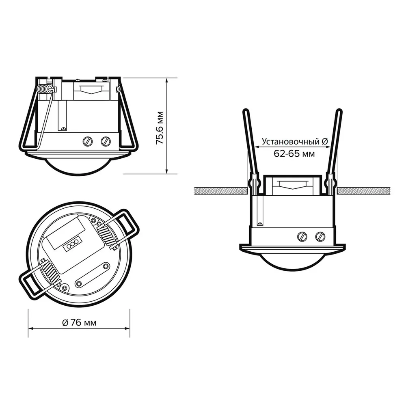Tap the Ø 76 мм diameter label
click(79, 323)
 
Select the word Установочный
click(291, 142)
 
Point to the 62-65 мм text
click(294, 153)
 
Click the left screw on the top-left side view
click(88, 141)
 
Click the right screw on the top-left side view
click(106, 141)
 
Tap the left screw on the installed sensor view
click(302, 236)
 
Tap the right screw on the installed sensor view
click(320, 236)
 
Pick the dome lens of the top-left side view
click(78, 166)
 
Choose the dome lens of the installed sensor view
click(292, 261)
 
